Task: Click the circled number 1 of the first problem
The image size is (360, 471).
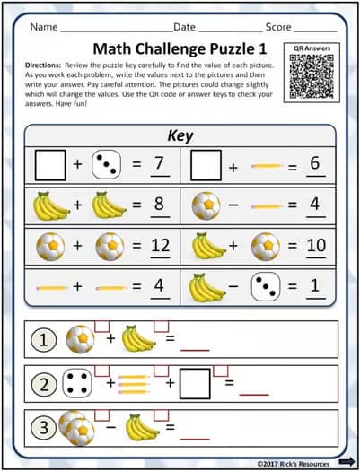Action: coord(42,340)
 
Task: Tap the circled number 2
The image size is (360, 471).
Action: coord(42,384)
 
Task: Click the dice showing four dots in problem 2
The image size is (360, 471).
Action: coord(83,384)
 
